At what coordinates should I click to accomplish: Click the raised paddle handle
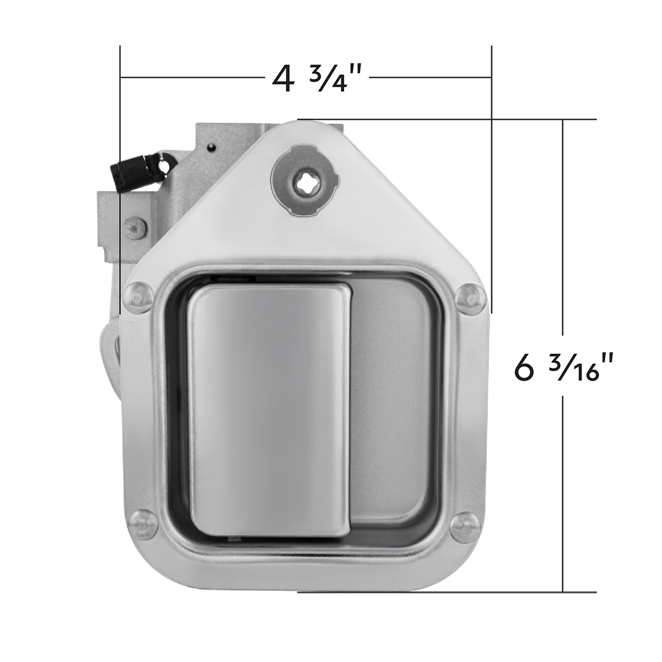pos(269,408)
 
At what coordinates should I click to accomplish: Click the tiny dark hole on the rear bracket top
pos(211,147)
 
